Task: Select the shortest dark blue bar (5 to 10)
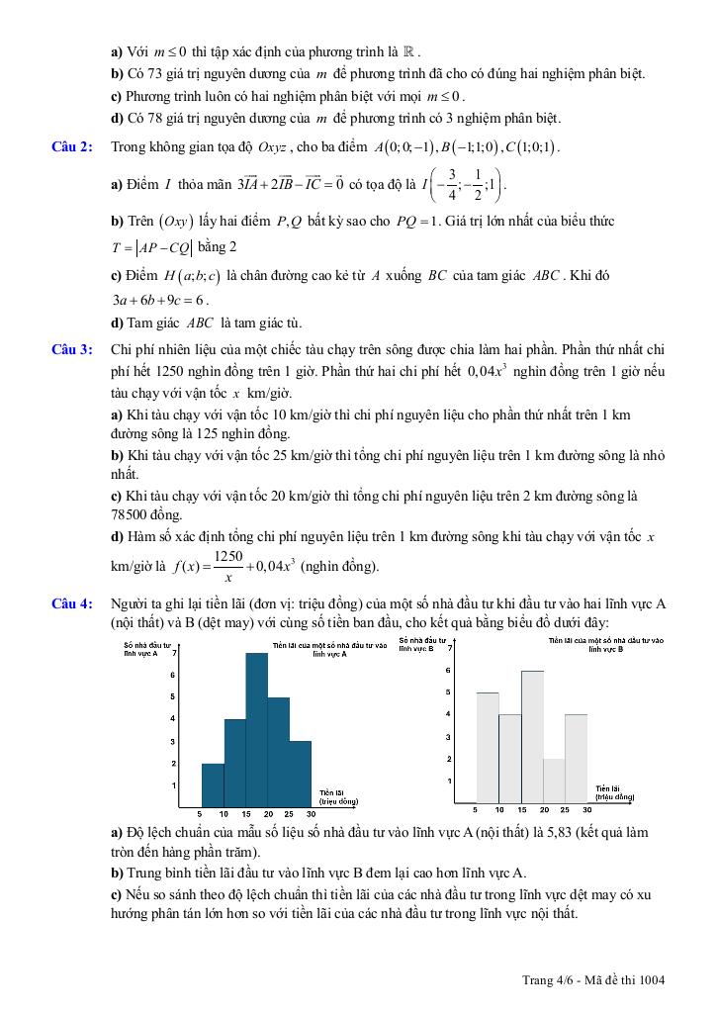pos(213,784)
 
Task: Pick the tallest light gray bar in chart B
pos(532,737)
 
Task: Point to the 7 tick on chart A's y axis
pos(174,653)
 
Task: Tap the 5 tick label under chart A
pos(201,813)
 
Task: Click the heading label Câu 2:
pos(72,147)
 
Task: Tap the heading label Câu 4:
pos(72,601)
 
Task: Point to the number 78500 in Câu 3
pos(130,515)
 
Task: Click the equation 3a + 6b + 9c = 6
pos(159,301)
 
